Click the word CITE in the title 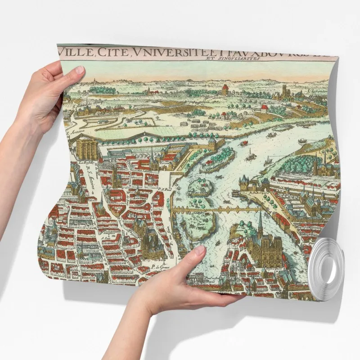(114, 54)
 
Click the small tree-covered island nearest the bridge (197, 186)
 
